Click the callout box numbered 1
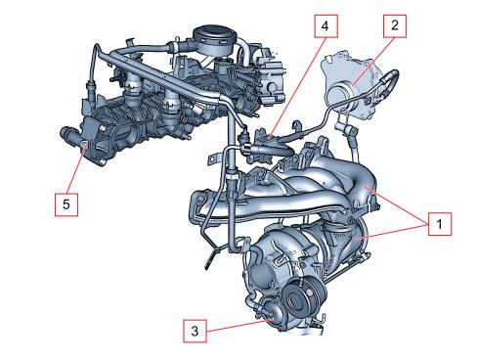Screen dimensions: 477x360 pyautogui.click(x=440, y=224)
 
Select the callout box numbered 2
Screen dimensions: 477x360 pyautogui.click(x=395, y=26)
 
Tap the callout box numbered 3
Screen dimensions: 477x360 pyautogui.click(x=195, y=331)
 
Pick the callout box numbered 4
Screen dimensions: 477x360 pyautogui.click(x=325, y=26)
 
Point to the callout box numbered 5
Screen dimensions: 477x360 pyautogui.click(x=66, y=204)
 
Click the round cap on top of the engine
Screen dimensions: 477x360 pyautogui.click(x=215, y=39)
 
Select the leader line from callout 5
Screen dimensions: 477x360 pyautogui.click(x=77, y=167)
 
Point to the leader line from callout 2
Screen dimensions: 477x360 pyautogui.click(x=373, y=62)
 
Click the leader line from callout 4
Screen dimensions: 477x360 pyautogui.click(x=298, y=87)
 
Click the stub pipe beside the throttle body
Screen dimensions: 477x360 pyautogui.click(x=68, y=133)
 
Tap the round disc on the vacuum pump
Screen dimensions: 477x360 pyautogui.click(x=339, y=93)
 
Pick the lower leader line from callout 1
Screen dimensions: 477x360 pyautogui.click(x=393, y=231)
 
